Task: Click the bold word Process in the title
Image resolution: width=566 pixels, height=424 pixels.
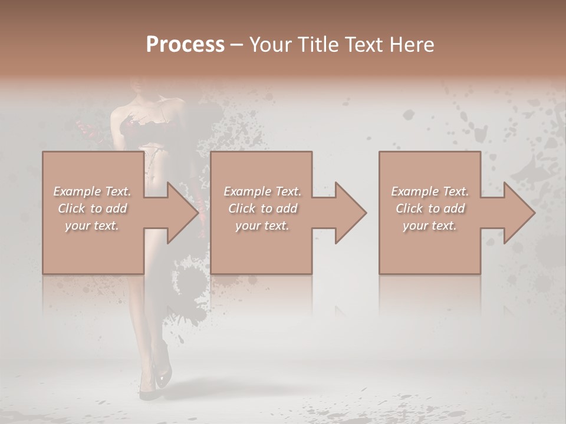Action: coord(185,45)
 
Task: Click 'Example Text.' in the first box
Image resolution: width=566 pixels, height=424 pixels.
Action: coord(92,191)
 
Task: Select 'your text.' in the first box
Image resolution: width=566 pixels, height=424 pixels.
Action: coord(92,226)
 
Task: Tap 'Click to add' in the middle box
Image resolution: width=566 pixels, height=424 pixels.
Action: coord(262,208)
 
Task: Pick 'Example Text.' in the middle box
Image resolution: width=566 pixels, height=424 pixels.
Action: coord(262,191)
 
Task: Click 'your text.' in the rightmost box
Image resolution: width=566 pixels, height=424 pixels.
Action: coord(430,226)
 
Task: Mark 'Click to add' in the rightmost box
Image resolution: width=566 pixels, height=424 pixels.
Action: coord(430,208)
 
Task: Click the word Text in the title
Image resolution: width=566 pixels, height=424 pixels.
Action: coord(360,45)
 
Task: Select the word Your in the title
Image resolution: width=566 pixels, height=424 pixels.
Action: coord(269,45)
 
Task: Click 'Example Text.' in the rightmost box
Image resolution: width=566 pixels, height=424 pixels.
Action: coord(430,191)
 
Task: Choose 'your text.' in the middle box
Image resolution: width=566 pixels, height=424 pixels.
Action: coord(262,226)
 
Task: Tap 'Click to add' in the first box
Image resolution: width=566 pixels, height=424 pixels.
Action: coord(92,208)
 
